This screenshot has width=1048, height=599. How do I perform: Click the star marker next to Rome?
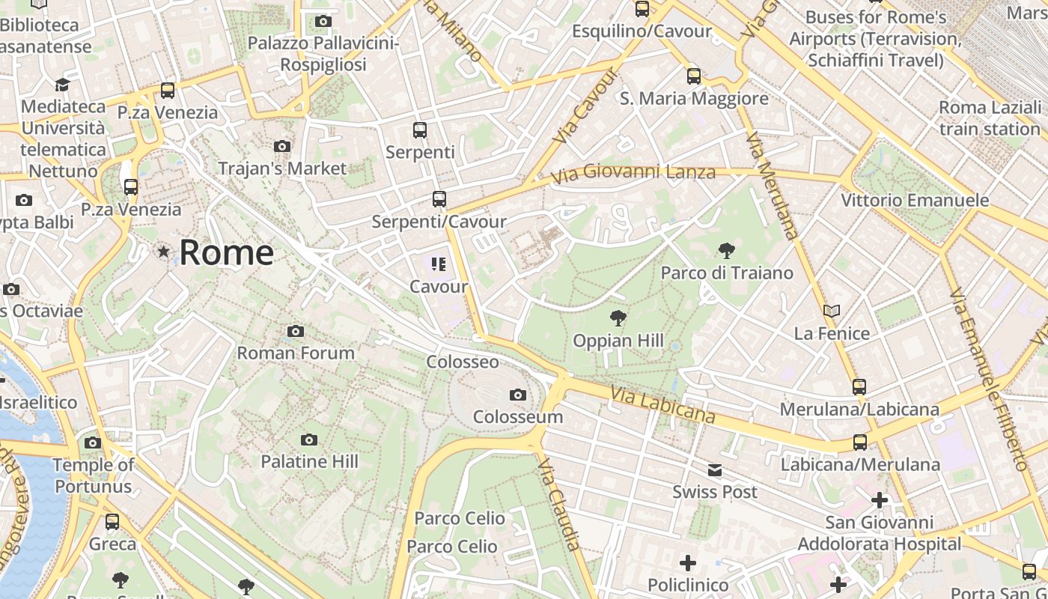(x=163, y=252)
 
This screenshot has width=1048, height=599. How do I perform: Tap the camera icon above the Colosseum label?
(x=517, y=395)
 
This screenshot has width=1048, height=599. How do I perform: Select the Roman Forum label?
(x=296, y=353)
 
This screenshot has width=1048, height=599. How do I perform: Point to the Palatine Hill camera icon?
(x=308, y=440)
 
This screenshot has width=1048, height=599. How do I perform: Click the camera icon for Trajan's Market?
(x=282, y=146)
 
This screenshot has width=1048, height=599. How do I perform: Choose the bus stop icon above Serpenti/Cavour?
(x=439, y=199)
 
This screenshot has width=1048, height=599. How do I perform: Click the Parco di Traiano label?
(x=726, y=273)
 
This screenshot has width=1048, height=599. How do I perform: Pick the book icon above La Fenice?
(x=832, y=311)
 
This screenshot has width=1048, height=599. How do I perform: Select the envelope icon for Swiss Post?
(x=715, y=470)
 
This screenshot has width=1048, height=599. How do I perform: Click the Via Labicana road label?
(x=662, y=404)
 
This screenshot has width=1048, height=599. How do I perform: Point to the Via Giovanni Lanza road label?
(x=633, y=174)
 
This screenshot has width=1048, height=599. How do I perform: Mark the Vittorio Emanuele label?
(x=915, y=201)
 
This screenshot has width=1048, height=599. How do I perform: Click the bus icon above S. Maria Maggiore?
(x=694, y=76)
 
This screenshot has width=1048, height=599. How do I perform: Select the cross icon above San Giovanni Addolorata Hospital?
(x=880, y=499)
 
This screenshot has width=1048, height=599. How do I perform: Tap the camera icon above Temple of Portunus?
(x=93, y=443)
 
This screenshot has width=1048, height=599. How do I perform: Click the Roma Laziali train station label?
(x=990, y=118)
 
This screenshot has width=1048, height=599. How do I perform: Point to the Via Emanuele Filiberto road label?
(x=989, y=378)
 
